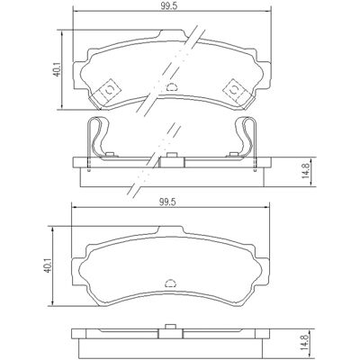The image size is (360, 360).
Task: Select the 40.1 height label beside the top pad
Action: pyautogui.click(x=57, y=69)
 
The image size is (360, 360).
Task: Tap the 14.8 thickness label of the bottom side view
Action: pyautogui.click(x=305, y=343)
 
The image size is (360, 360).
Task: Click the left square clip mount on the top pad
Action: pyautogui.click(x=109, y=90)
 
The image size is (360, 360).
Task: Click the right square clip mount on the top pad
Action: pyautogui.click(x=234, y=90)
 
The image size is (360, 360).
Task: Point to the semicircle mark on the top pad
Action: pyautogui.click(x=171, y=86)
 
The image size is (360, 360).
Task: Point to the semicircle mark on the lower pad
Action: pyautogui.click(x=171, y=283)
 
